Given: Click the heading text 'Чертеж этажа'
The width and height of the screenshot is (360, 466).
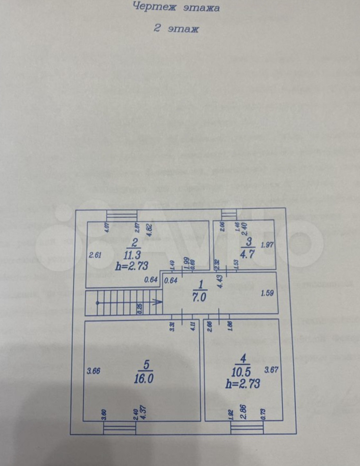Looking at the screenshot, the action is (x=176, y=7).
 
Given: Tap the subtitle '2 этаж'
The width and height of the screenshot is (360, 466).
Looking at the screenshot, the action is (x=176, y=28).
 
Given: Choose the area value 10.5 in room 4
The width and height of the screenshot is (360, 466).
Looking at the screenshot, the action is (x=241, y=371).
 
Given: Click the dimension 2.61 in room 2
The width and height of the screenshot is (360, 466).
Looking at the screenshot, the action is (x=95, y=255).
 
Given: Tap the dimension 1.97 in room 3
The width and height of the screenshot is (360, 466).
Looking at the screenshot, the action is (x=267, y=245).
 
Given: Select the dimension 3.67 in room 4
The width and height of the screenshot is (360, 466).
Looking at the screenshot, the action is (x=271, y=370).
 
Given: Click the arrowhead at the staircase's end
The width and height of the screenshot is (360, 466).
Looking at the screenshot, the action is (x=157, y=302).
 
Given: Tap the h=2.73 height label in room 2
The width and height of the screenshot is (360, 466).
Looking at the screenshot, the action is (x=132, y=266).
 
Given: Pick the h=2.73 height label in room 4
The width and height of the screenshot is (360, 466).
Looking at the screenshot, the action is (x=243, y=383).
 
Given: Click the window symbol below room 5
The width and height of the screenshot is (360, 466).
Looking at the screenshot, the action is (x=120, y=428).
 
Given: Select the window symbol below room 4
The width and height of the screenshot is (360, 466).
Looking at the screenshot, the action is (x=247, y=428).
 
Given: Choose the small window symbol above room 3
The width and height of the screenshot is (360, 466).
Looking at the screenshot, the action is (x=229, y=214).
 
